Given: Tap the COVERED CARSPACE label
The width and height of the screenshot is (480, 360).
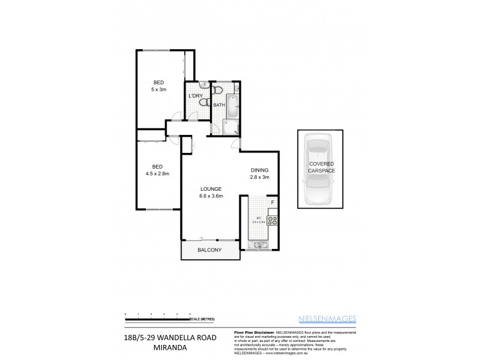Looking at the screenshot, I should pyautogui.click(x=322, y=167).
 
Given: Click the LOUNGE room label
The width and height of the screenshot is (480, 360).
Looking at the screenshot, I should pyautogui.click(x=211, y=188).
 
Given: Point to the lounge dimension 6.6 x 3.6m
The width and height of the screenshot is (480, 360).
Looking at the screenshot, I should pyautogui.click(x=211, y=196).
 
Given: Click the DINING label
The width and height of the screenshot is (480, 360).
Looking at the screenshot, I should pyautogui.click(x=260, y=170).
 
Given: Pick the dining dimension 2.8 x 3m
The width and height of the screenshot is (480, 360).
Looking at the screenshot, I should pyautogui.click(x=260, y=178).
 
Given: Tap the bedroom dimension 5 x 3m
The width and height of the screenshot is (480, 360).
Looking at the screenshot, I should pyautogui.click(x=158, y=89).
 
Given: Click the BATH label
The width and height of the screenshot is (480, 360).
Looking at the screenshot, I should pyautogui.click(x=219, y=106).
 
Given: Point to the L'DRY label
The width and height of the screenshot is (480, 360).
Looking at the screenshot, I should pyautogui.click(x=196, y=96).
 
